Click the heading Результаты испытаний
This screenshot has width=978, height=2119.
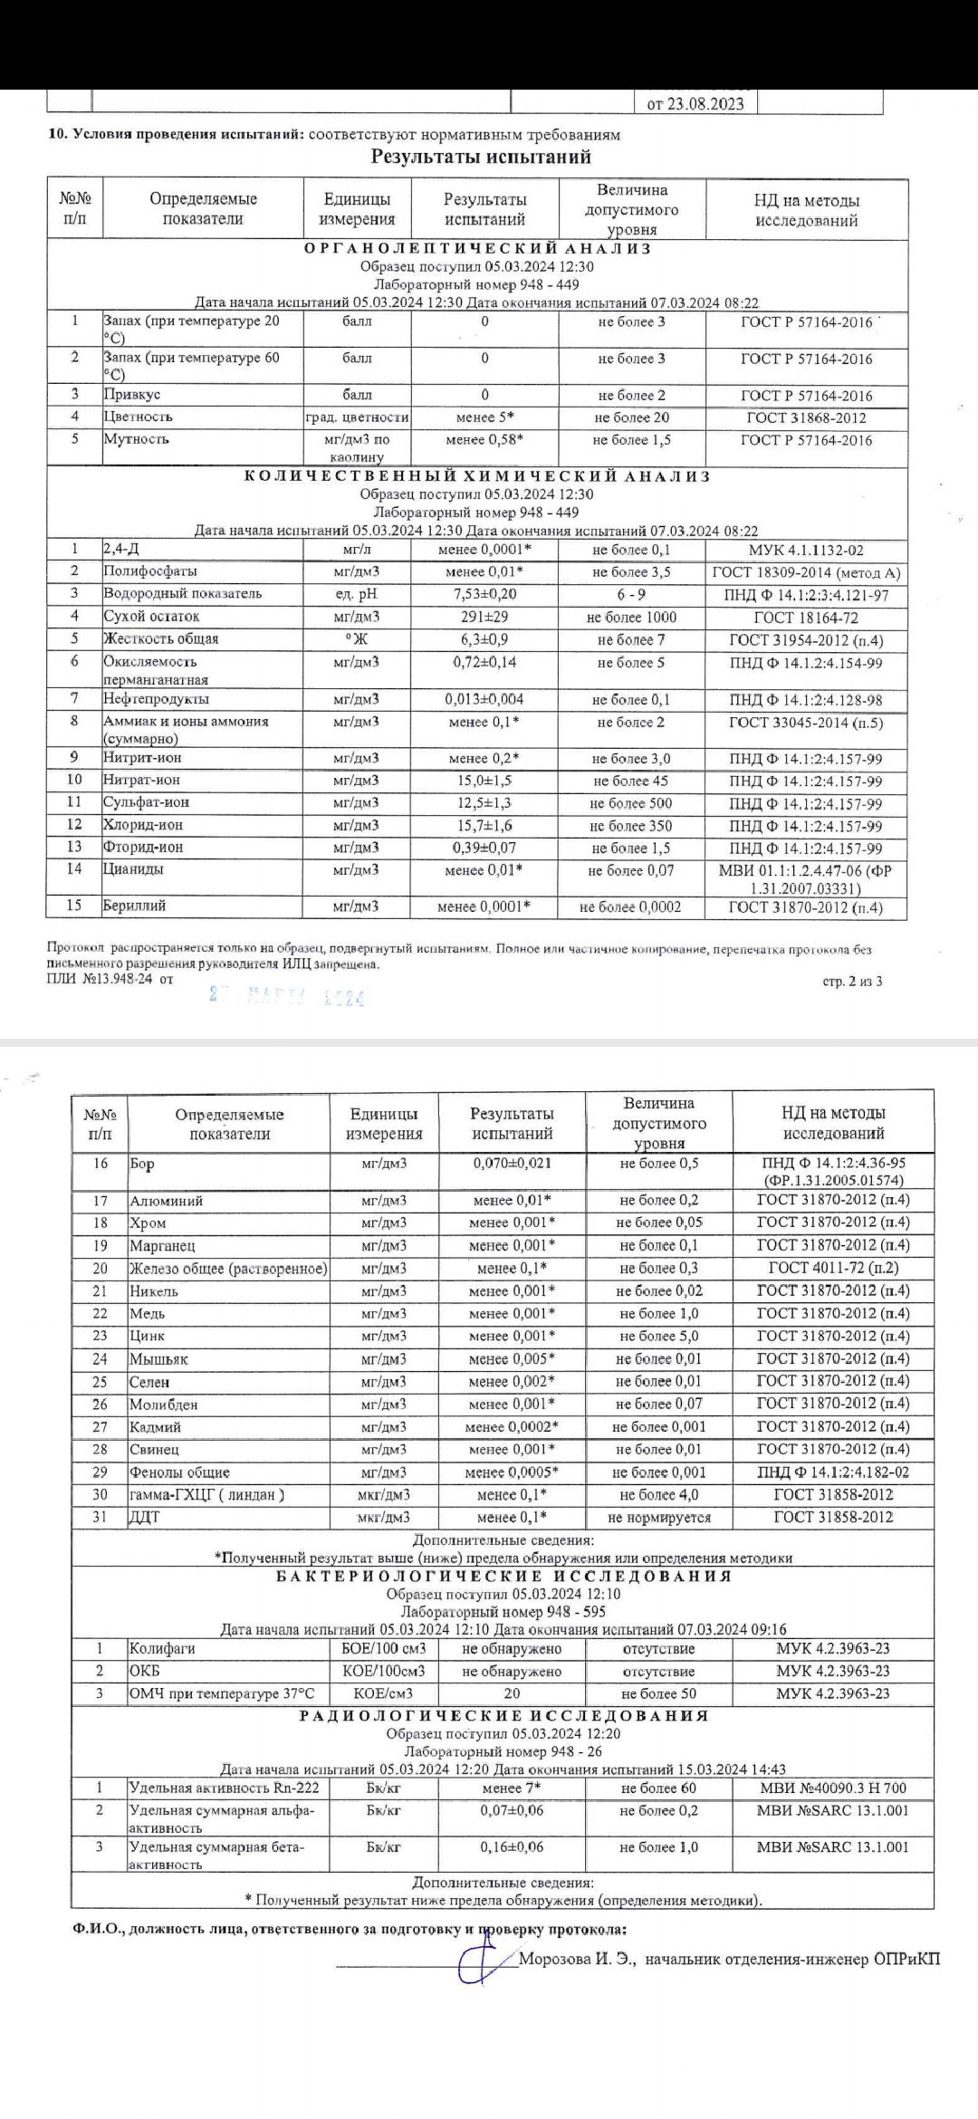(x=481, y=157)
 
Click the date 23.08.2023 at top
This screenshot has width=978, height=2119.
(x=695, y=103)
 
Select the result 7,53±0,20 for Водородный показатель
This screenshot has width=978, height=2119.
(x=484, y=594)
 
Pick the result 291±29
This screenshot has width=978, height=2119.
(x=484, y=617)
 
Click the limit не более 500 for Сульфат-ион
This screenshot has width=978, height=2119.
(x=631, y=803)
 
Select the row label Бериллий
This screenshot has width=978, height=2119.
(x=134, y=906)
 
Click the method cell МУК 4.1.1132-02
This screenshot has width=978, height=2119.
(x=806, y=550)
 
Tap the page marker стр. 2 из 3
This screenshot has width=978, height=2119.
(x=852, y=982)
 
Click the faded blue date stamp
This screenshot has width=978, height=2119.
(x=286, y=997)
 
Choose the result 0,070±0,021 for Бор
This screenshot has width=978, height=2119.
(x=512, y=1164)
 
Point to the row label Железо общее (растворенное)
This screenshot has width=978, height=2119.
(x=228, y=1269)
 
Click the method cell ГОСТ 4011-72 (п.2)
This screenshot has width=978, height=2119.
(x=833, y=1269)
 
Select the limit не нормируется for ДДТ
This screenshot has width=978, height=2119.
(x=659, y=1518)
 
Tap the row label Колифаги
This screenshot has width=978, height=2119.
(x=162, y=1649)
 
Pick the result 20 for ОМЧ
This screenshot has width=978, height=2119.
(x=512, y=1693)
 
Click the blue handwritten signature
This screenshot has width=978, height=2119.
(x=484, y=1959)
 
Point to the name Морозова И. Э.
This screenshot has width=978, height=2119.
(x=577, y=1960)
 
